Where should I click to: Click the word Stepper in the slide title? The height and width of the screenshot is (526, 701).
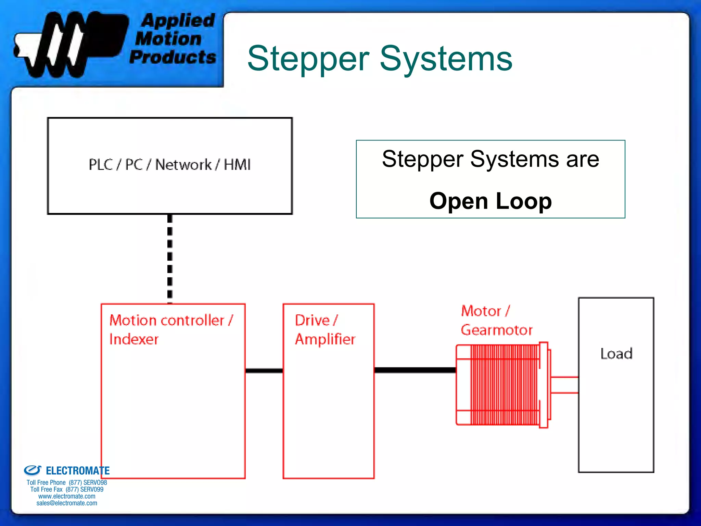pos(308,59)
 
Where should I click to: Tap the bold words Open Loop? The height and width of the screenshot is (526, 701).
pos(490,201)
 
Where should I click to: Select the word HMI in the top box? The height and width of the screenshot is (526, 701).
pos(237,165)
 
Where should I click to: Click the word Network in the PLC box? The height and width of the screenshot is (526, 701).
pos(183,165)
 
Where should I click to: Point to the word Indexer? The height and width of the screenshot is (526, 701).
pos(134,339)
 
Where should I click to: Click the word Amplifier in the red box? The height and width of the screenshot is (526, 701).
pos(325,339)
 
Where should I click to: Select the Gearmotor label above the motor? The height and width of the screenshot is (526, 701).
pos(496,330)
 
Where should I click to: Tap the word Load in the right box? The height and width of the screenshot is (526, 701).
pos(616,354)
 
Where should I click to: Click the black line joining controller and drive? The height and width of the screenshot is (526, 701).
pos(264,371)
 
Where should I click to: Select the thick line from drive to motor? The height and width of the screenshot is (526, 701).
pos(415,370)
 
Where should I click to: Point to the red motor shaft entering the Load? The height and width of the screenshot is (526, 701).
pos(565,385)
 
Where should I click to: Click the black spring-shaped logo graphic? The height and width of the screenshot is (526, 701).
pos(68,44)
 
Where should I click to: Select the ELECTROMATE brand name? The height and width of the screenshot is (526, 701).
pos(77,471)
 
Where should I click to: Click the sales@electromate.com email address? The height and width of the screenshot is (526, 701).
pos(67,503)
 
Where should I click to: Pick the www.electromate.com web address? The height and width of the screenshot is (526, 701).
pos(67,496)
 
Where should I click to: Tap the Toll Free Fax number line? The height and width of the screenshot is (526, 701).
pos(67,489)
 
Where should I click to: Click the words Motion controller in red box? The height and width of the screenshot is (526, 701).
pos(167,321)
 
